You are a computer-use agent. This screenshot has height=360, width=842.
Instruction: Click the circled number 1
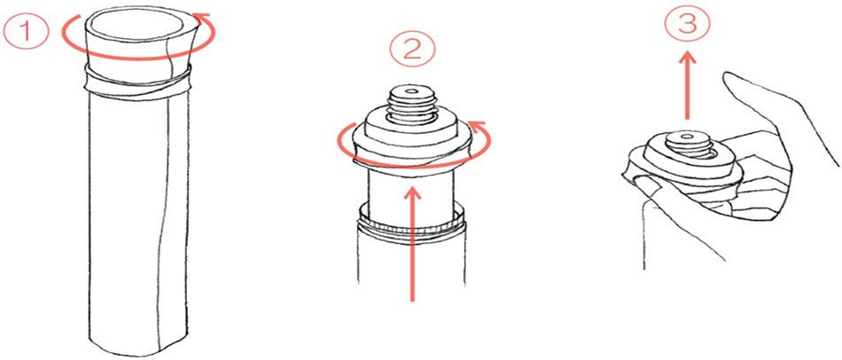pyautogui.click(x=27, y=31)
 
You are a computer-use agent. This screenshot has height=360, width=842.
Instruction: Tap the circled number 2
pyautogui.click(x=412, y=51)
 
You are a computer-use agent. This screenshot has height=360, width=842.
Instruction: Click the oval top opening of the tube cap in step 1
pyautogui.click(x=135, y=25)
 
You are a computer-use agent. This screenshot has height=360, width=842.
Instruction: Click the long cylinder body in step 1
pyautogui.click(x=138, y=220)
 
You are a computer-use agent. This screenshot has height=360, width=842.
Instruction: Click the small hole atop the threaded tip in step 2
pyautogui.click(x=412, y=91)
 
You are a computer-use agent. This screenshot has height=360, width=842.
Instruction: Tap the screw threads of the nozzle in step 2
pyautogui.click(x=412, y=105)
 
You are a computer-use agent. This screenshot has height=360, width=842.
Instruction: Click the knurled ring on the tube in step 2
pyautogui.click(x=412, y=223)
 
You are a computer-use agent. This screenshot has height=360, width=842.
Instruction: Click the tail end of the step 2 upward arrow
pyautogui.click(x=412, y=299)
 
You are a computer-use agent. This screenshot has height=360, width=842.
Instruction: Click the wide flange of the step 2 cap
pyautogui.click(x=412, y=147)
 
